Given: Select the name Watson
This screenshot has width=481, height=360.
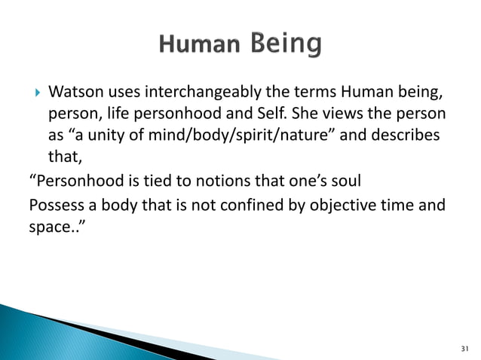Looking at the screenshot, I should pyautogui.click(x=74, y=93).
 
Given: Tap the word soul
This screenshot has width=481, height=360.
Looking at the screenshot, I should pyautogui.click(x=342, y=183).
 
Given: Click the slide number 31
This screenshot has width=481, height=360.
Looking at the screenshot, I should pyautogui.click(x=463, y=349).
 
